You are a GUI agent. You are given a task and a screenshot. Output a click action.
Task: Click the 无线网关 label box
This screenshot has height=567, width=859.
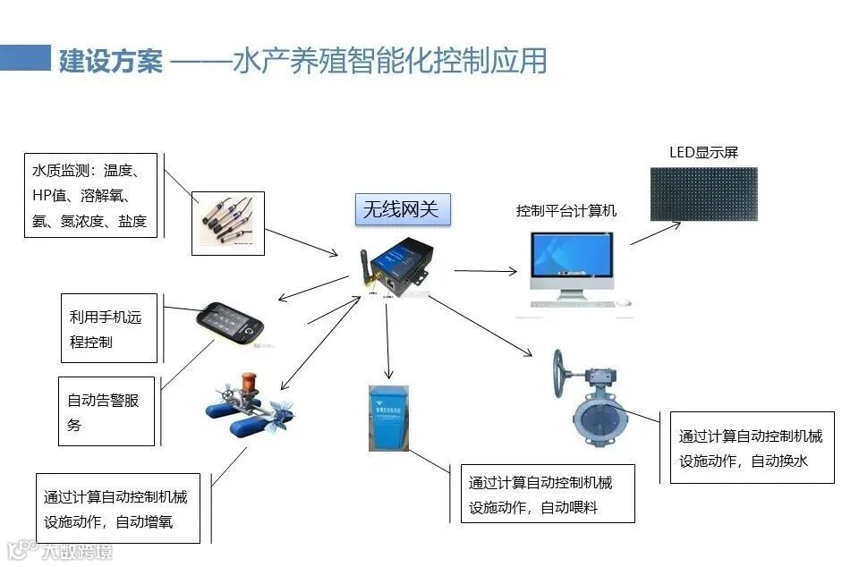(401, 210)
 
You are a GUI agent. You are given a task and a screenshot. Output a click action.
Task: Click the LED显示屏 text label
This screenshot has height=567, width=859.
(704, 152)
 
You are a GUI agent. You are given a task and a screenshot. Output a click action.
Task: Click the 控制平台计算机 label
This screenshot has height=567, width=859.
(566, 211)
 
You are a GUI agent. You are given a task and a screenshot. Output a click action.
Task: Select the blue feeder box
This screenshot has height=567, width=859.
(387, 417)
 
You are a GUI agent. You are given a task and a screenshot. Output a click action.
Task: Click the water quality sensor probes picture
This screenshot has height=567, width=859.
(228, 223)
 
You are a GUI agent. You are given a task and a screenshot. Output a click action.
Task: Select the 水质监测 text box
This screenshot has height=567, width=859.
(90, 195)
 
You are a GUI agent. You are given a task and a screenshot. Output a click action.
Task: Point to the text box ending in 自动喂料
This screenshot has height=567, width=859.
(548, 495)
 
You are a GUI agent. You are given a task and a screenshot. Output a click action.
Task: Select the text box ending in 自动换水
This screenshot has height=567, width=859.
(752, 448)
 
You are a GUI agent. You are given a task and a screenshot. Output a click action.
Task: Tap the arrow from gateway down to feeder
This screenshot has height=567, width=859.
(387, 340)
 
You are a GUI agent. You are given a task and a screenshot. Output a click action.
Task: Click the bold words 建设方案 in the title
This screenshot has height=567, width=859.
(111, 61)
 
